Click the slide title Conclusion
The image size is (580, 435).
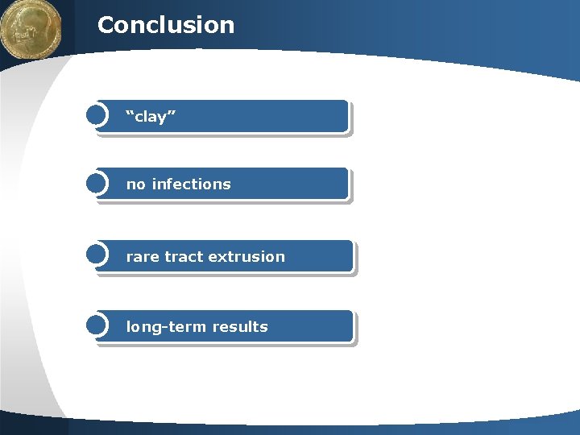165,25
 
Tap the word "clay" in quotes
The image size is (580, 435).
151,118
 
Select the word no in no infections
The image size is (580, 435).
135,184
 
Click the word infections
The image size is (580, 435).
191,184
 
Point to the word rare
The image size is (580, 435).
143,257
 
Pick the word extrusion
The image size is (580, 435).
246,257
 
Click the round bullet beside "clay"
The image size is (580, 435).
96,115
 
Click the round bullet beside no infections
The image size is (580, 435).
96,184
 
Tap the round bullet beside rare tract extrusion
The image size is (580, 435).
96,255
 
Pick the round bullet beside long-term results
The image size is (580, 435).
96,325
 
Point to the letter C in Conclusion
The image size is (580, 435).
106,25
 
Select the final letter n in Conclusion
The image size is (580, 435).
227,27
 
